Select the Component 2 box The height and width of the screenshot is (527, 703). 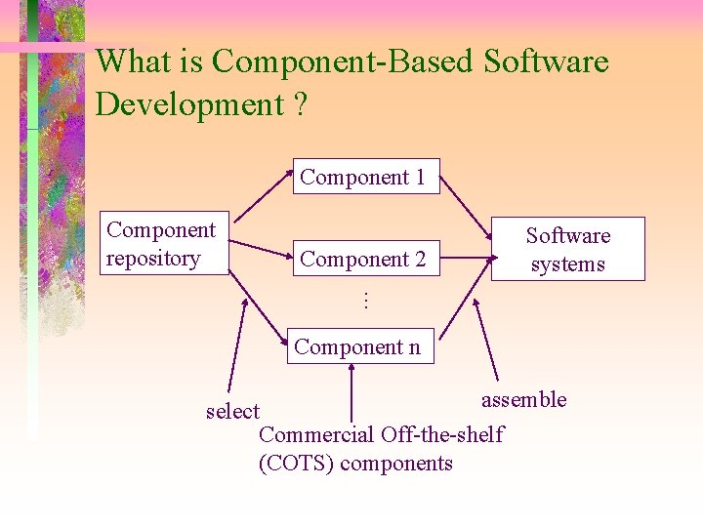[363, 259]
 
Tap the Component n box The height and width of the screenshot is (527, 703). [357, 346]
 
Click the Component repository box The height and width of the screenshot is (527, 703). [164, 244]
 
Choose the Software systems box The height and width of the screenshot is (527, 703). [567, 250]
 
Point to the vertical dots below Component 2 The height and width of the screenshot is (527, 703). [363, 301]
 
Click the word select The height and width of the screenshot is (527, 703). [232, 411]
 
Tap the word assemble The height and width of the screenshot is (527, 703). [523, 399]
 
